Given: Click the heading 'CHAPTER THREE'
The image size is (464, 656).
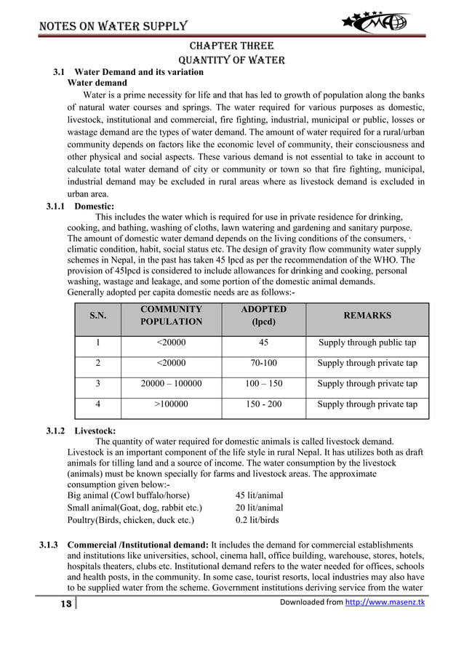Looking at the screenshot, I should click(231, 45).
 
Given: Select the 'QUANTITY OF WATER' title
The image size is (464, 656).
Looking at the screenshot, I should click(231, 60).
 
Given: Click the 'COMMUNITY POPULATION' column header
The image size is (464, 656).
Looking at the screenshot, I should click(171, 316).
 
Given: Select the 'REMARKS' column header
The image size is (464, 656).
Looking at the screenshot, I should click(367, 316).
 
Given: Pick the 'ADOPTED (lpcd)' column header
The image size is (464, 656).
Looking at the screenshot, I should click(263, 316).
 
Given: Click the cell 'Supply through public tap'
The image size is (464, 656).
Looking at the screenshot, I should click(367, 343).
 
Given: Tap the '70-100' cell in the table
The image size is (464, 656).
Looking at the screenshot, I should click(263, 363).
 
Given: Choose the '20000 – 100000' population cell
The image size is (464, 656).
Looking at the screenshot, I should click(171, 383).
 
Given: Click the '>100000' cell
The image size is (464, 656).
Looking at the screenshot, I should click(171, 404).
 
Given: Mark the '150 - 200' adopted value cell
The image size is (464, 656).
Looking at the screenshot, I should click(263, 404).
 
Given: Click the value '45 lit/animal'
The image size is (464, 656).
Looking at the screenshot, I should click(259, 495).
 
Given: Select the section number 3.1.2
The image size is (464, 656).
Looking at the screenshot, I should click(56, 431).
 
